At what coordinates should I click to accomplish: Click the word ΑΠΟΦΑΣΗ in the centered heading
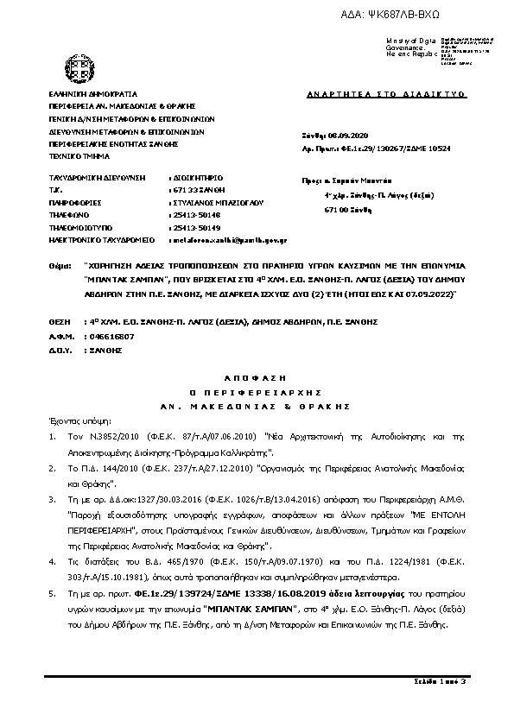(x=257, y=378)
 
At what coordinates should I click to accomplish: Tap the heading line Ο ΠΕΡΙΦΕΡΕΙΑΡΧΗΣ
(x=257, y=392)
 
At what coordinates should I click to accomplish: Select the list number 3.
(x=52, y=499)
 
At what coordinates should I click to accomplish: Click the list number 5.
(x=52, y=595)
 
